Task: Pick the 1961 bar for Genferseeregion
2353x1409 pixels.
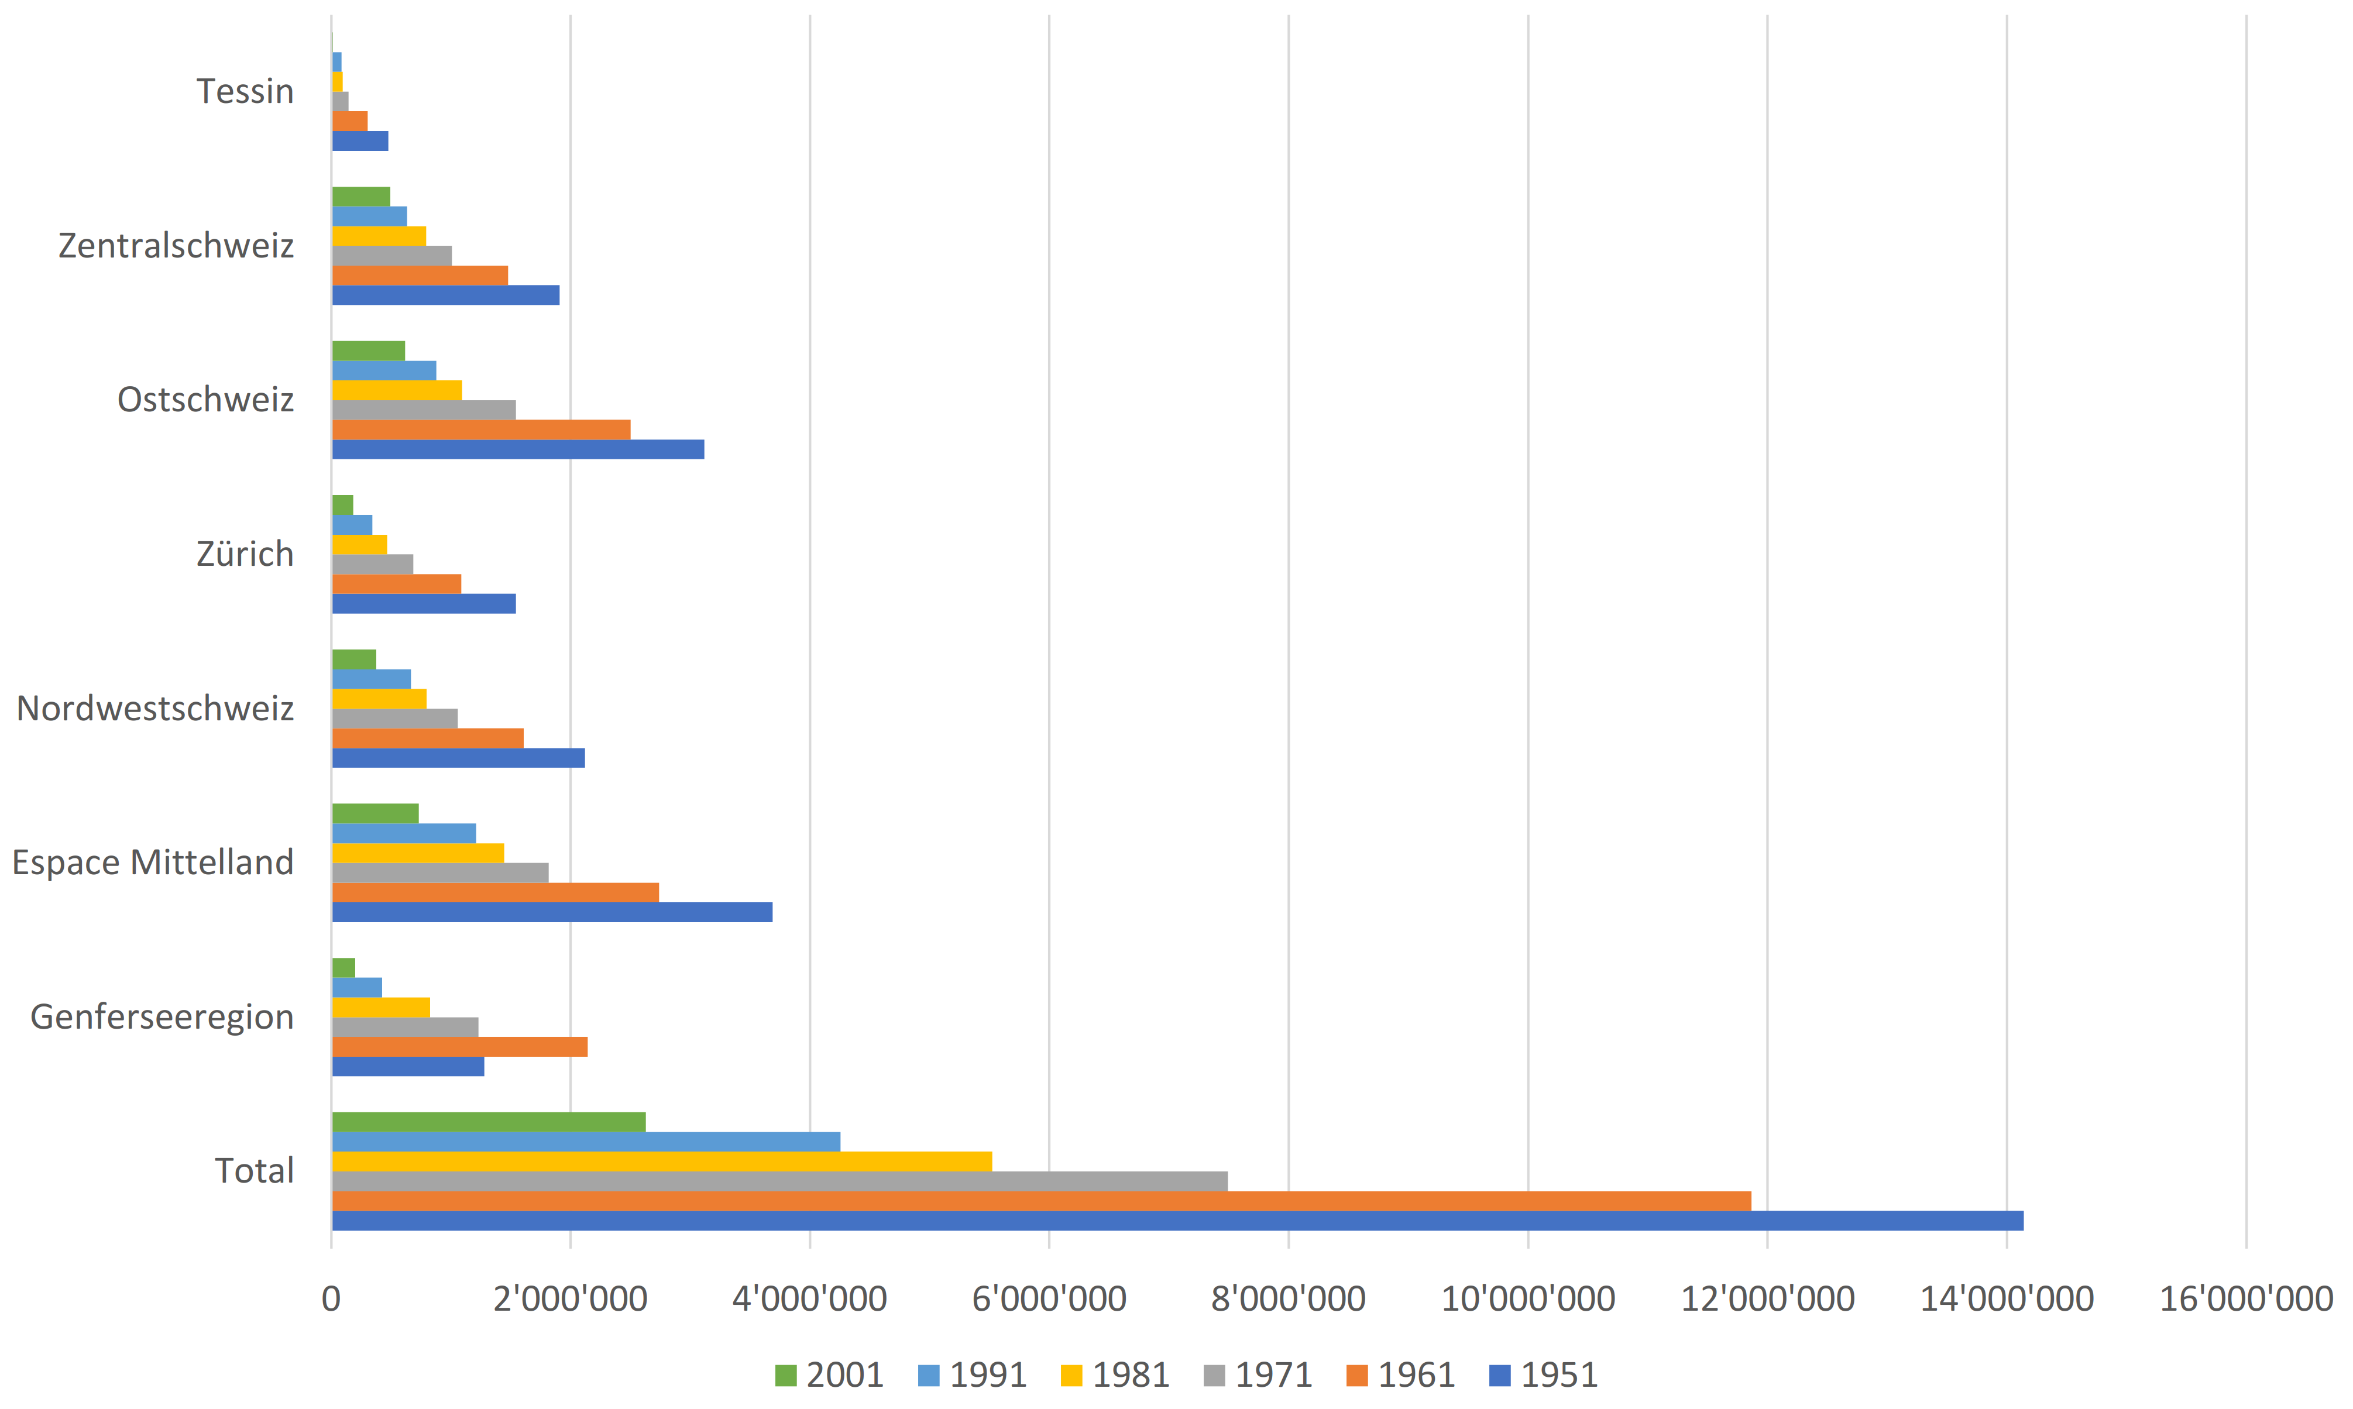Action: pos(459,1046)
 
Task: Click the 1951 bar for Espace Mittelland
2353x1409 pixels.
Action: pos(552,912)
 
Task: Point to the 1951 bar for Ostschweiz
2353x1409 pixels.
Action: pos(517,449)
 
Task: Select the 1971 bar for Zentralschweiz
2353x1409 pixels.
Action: pos(391,255)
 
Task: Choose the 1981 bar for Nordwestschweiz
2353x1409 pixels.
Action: pos(379,699)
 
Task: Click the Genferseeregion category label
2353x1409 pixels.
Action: pos(162,1017)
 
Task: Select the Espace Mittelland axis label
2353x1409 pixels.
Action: pos(152,862)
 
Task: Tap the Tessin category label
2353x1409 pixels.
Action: pos(245,91)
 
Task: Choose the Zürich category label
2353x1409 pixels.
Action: pos(245,554)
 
